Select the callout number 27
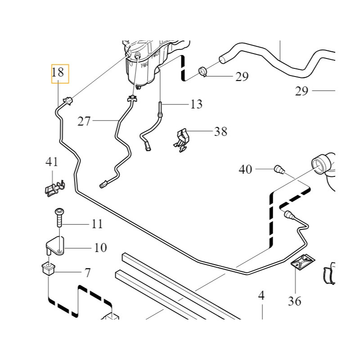coord(84,121)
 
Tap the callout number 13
coord(196,104)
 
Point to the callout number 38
coord(220,132)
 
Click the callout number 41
coord(52,162)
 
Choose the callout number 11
coord(97,224)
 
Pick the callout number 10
coord(100,247)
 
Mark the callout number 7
coord(87,272)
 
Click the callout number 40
coord(245,170)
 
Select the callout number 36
coord(295,301)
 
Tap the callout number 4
coord(261,296)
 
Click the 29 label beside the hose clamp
coord(242,77)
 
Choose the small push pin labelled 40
coord(279,170)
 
